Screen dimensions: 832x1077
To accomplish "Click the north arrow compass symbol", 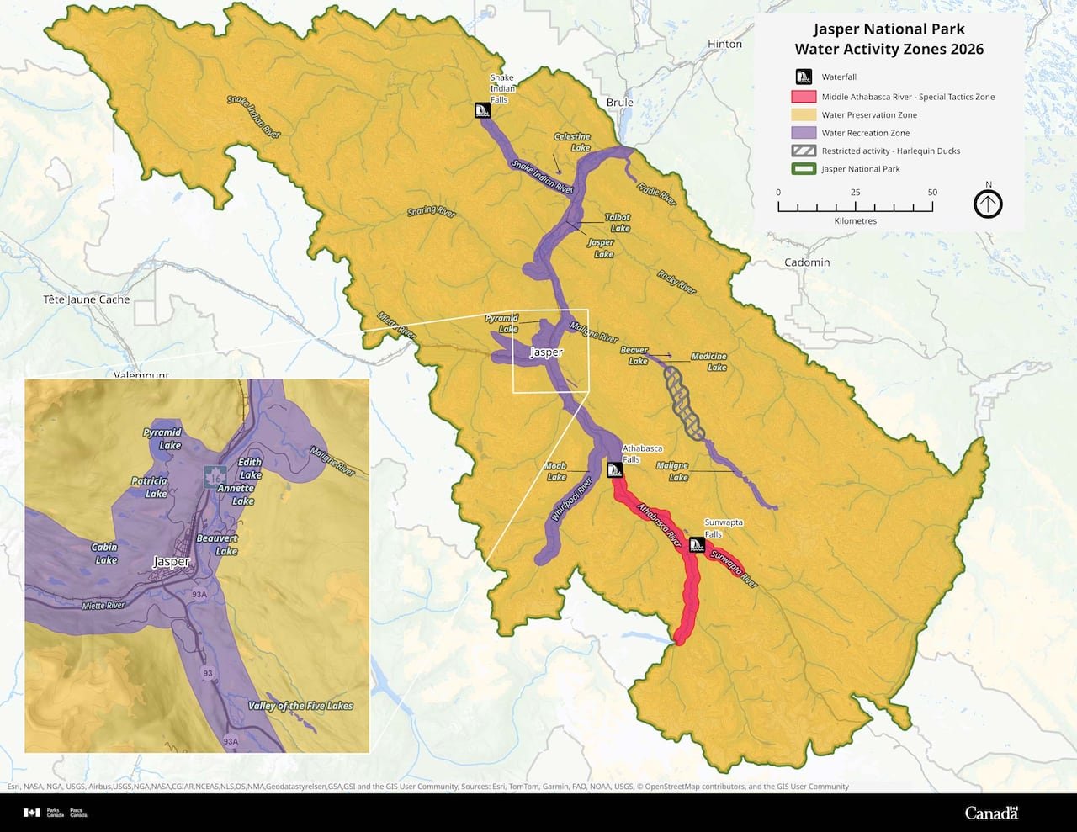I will point(989,204).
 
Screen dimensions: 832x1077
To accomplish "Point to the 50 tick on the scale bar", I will point(932,193).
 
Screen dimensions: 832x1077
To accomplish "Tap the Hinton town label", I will point(724,44).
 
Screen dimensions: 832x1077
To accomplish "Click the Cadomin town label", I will point(807,262).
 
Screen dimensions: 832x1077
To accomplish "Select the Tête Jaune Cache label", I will point(87,299).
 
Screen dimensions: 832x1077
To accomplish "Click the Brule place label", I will point(619,103).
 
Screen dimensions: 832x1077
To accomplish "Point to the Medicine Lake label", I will point(708,362).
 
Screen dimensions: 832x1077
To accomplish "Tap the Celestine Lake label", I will point(572,141).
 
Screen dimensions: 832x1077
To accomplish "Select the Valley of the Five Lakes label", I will point(300,706).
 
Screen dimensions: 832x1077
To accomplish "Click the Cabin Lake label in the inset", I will point(105,553).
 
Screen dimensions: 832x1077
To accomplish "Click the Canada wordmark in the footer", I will point(991,813).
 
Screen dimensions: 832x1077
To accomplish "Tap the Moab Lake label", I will point(555,471).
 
